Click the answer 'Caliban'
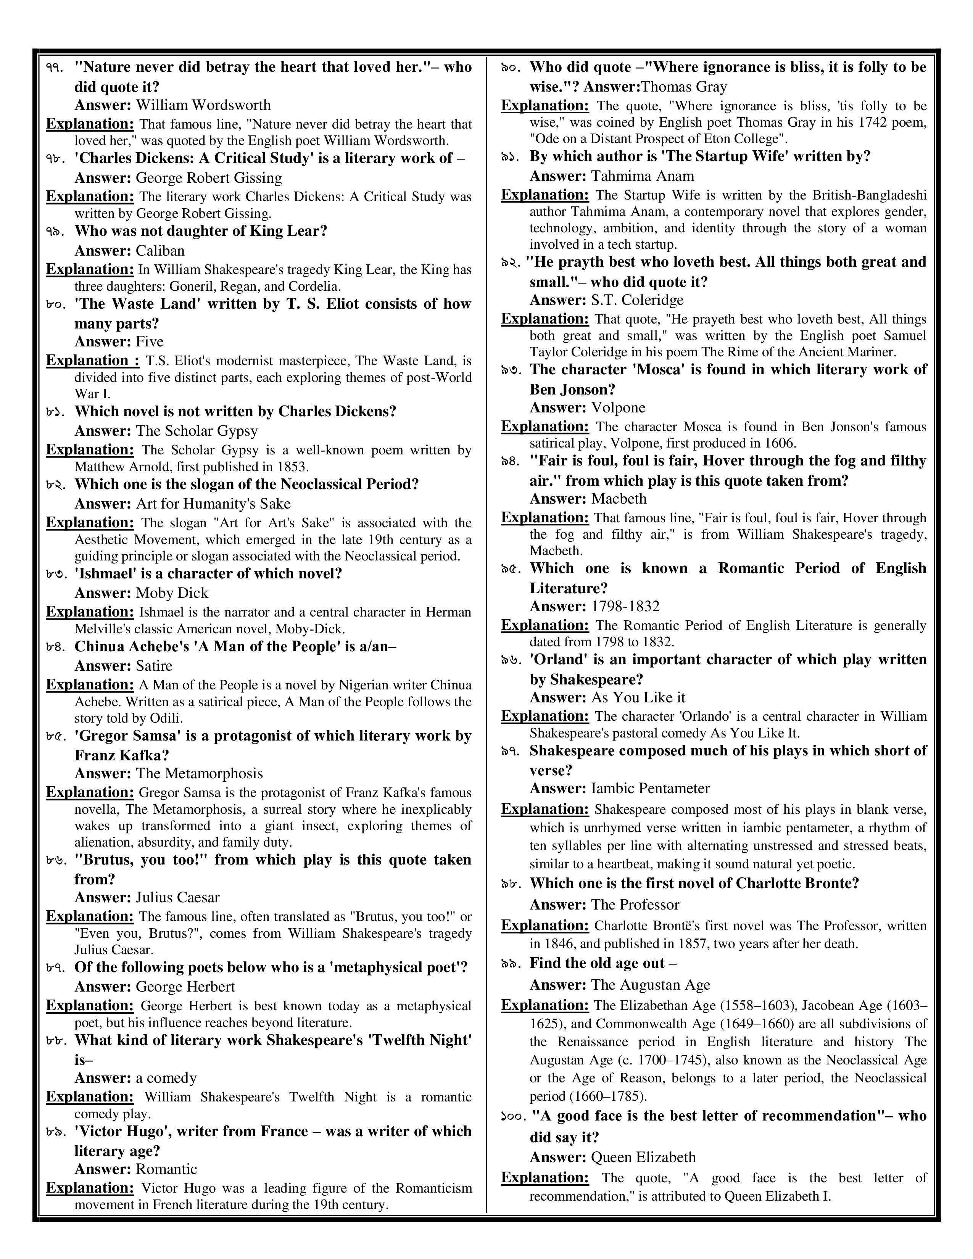[x=159, y=251]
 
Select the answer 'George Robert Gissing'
[x=209, y=178]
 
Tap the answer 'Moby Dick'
[x=172, y=593]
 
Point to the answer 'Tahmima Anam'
[x=643, y=176]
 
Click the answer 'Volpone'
[x=618, y=407]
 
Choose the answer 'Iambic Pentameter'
[x=650, y=788]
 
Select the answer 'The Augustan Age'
[x=650, y=985]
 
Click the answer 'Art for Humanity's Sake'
[x=213, y=504]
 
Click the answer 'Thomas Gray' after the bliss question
[x=684, y=87]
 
